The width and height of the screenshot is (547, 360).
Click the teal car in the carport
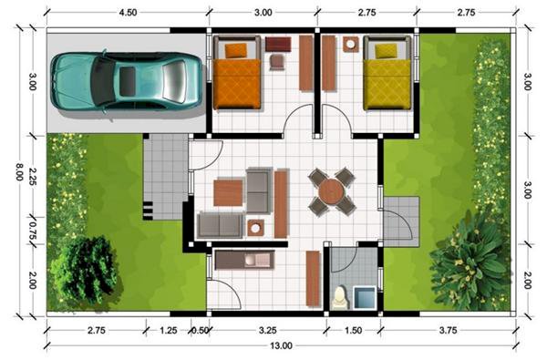pyautogui.click(x=126, y=81)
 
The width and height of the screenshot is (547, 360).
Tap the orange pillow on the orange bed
pyautogui.click(x=236, y=50)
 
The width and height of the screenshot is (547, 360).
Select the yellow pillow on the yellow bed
pyautogui.click(x=386, y=51)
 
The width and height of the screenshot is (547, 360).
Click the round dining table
pyautogui.click(x=331, y=191)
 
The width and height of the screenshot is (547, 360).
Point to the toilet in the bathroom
pyautogui.click(x=340, y=297)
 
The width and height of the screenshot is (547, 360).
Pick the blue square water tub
pyautogui.click(x=365, y=297)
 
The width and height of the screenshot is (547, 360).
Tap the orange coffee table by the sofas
pyautogui.click(x=228, y=192)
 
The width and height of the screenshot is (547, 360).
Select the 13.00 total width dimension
pyautogui.click(x=281, y=346)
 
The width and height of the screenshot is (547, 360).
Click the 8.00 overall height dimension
pyautogui.click(x=19, y=171)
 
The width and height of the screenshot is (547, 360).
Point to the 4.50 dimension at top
pyautogui.click(x=128, y=13)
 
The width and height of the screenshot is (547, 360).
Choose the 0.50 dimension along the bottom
pyautogui.click(x=200, y=330)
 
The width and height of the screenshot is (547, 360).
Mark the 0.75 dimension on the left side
pyautogui.click(x=32, y=230)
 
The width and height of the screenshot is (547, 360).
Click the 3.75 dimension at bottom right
pyautogui.click(x=448, y=330)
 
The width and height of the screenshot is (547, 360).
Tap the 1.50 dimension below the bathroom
pyautogui.click(x=353, y=330)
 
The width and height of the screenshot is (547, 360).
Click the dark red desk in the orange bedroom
pyautogui.click(x=278, y=45)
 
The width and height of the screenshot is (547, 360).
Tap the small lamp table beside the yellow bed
pyautogui.click(x=350, y=45)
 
